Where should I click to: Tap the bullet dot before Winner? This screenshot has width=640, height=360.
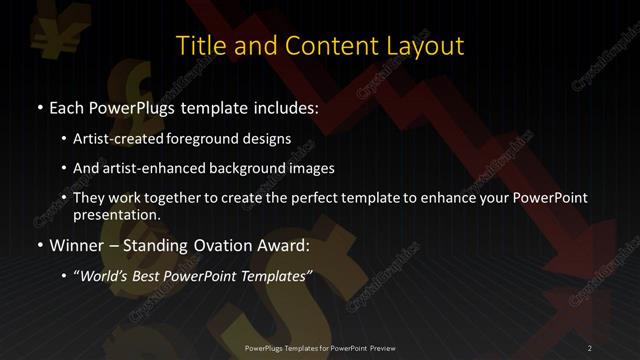point(39,245)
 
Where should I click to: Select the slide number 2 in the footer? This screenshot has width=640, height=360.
point(590,348)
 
